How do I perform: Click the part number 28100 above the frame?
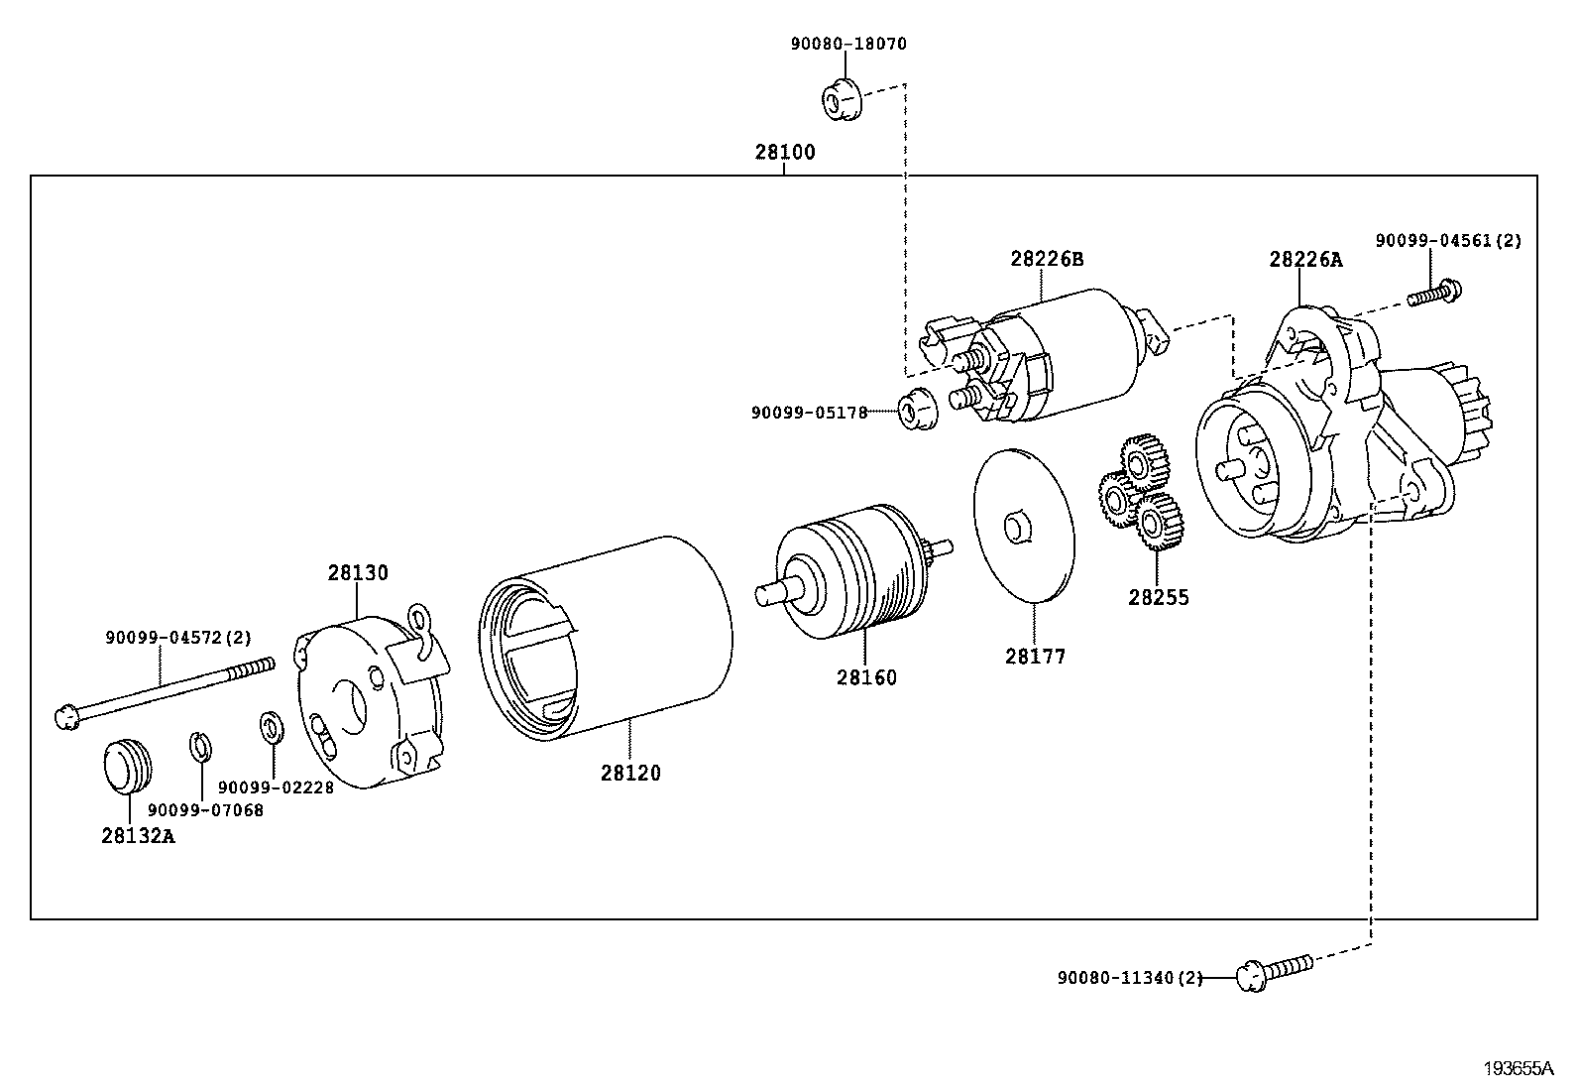[x=784, y=153]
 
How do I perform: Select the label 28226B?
[x=1047, y=260]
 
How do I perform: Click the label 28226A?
[x=1305, y=261]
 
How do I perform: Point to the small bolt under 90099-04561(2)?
[x=1434, y=294]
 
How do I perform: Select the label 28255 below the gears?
[x=1158, y=598]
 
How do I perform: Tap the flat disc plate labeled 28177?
[x=1024, y=526]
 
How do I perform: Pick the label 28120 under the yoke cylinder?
[x=629, y=773]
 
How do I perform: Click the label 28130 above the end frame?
[x=358, y=573]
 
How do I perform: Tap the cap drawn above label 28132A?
[x=128, y=765]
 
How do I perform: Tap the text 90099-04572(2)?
[x=178, y=639]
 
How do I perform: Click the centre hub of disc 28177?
[x=1018, y=527]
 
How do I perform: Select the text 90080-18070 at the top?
[x=847, y=44]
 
